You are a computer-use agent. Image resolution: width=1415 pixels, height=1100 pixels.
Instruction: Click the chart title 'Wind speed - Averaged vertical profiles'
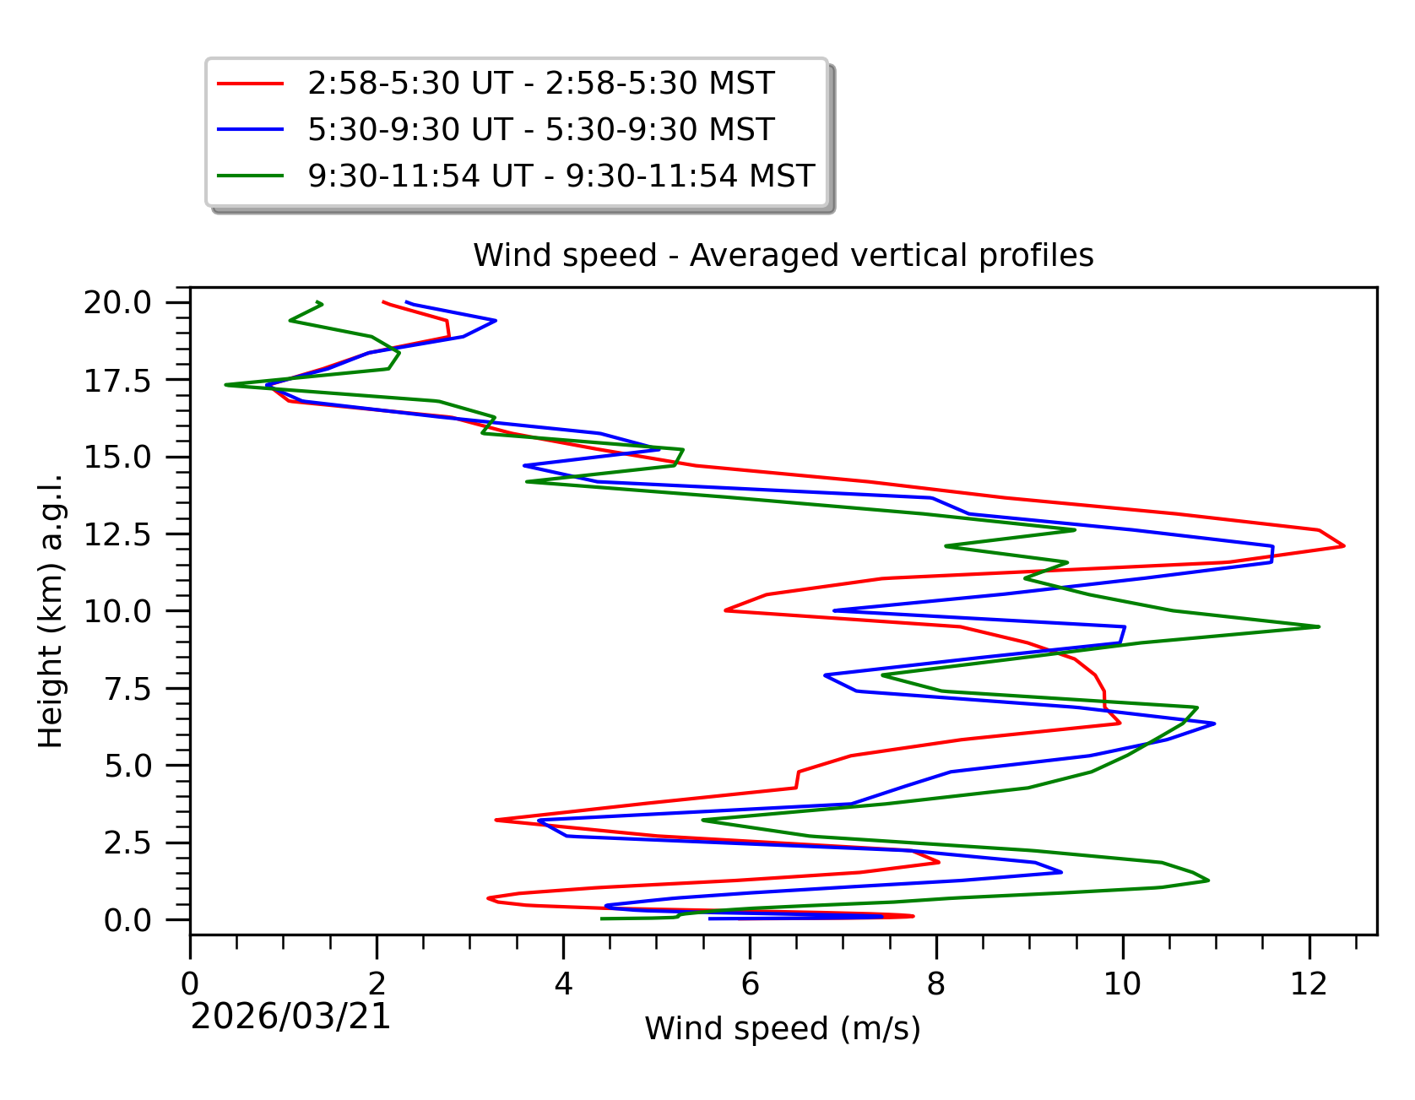coord(783,255)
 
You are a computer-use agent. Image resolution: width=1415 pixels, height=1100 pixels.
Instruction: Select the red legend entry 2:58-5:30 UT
coord(540,84)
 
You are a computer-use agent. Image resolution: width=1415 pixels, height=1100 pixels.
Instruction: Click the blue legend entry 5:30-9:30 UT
coord(540,130)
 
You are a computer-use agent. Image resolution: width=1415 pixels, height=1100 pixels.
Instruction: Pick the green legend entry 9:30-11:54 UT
coord(561,176)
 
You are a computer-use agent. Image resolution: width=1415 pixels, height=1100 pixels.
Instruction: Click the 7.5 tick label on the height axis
coord(127,689)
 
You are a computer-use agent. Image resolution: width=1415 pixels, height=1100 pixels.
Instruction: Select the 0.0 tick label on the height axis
coord(127,920)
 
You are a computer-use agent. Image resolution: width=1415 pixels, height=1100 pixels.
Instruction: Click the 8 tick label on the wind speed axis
coord(935,983)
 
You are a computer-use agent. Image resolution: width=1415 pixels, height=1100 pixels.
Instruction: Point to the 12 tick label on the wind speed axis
coord(1309,983)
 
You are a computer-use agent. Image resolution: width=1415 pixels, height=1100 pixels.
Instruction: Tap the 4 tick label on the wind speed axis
coord(563,983)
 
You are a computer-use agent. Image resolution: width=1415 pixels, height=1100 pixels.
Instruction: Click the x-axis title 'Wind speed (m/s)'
coord(783,1028)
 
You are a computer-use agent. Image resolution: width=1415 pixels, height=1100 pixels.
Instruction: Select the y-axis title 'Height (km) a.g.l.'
coord(51,610)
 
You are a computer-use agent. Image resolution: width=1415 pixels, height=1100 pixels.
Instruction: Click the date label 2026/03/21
coord(290,1016)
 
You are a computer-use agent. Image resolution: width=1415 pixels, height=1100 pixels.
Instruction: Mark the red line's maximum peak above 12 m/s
coord(1343,546)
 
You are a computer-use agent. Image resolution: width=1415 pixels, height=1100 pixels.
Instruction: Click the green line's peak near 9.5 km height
coord(1318,626)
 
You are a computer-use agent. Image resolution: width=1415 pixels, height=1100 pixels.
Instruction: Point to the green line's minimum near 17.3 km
coord(226,385)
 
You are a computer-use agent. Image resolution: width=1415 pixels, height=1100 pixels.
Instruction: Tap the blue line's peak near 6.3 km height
coord(1214,723)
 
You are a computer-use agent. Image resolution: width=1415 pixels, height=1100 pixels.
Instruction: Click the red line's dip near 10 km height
coord(726,610)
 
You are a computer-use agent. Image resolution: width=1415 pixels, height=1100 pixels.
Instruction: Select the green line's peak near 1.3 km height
coord(1208,881)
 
